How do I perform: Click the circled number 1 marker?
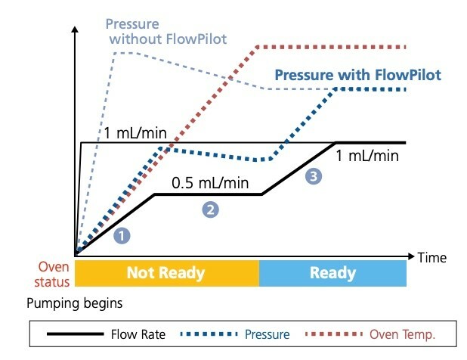coord(122,235)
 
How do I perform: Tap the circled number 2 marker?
coord(211,209)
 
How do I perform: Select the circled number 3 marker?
coord(313,175)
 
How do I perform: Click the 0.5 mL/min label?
coord(210,182)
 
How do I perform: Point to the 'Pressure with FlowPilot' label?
coord(357,76)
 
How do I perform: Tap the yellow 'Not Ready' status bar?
coord(165,273)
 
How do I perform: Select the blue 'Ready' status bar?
coord(332,273)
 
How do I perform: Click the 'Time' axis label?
coord(432,258)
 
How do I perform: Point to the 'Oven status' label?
coord(54,274)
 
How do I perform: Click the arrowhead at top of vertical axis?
coord(74,31)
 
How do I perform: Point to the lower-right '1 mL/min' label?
coord(368,156)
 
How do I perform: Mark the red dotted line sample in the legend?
coord(334,334)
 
